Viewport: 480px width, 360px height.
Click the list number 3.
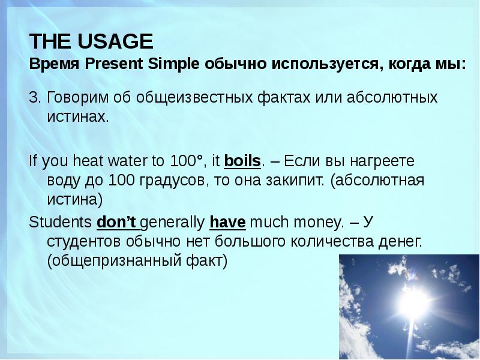[34, 97]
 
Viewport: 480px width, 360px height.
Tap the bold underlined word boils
[242, 161]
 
